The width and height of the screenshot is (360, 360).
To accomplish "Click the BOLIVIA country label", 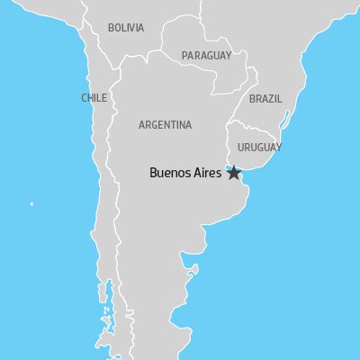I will tap(125, 28).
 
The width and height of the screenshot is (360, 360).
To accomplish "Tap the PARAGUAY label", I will tap(206, 56).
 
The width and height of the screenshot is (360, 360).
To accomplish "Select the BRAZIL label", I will tap(265, 98).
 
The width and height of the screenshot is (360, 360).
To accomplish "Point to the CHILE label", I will tap(94, 98).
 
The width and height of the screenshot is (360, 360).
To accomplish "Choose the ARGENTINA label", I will tap(165, 125).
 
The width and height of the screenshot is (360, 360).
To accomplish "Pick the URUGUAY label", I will tap(259, 147).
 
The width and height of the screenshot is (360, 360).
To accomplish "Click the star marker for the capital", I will tap(234, 174).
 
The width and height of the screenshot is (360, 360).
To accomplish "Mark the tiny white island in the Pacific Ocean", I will tap(31, 204).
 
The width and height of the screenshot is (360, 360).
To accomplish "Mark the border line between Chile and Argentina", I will tap(114, 180).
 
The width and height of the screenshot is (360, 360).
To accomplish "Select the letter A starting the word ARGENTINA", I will tap(142, 125).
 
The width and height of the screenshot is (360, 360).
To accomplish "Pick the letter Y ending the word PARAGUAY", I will tap(228, 56).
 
